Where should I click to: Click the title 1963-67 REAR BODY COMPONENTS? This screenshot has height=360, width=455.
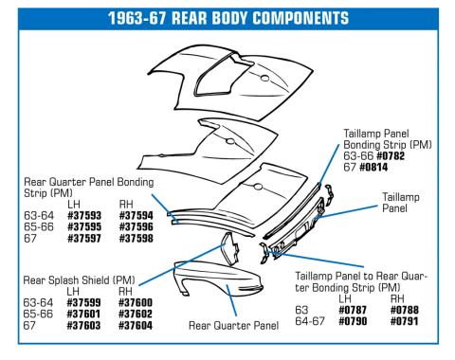228,18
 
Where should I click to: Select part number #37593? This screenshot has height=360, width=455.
84,216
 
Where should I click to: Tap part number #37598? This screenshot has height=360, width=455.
136,239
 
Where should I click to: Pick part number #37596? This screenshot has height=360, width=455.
136,227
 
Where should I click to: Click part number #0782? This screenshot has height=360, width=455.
391,156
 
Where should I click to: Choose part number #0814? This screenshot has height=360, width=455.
373,168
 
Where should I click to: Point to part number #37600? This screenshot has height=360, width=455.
136,303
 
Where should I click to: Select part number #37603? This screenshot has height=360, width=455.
83,326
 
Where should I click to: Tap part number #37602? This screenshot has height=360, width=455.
136,315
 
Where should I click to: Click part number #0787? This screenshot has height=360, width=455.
353,310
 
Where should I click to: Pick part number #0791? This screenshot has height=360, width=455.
405,321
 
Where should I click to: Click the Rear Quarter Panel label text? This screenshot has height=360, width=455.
233,326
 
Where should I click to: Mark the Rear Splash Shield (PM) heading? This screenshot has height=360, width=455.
79,280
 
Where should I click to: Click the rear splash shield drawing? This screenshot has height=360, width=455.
230,248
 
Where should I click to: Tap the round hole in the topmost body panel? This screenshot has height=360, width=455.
264,78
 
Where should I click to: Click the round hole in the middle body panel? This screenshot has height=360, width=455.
230,141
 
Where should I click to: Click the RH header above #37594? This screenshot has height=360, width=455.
126,205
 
